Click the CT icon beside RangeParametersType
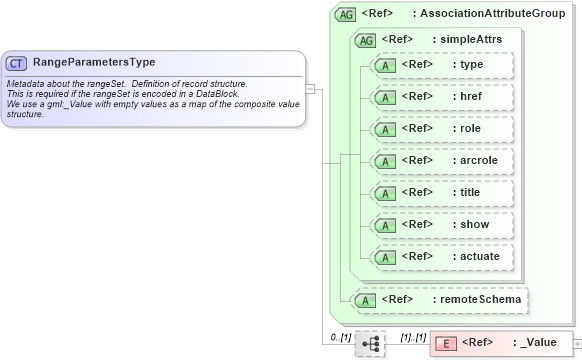click(x=16, y=63)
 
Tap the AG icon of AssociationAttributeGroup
click(x=346, y=15)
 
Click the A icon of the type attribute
click(x=384, y=65)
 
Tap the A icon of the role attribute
click(x=384, y=129)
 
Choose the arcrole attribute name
click(x=479, y=160)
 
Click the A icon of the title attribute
click(x=384, y=193)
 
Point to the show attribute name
click(x=474, y=224)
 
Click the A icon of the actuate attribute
click(x=384, y=257)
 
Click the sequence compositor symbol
click(x=370, y=343)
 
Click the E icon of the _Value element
click(x=447, y=343)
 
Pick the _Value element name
click(x=538, y=342)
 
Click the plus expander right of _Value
click(x=577, y=343)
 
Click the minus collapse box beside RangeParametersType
click(x=311, y=88)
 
